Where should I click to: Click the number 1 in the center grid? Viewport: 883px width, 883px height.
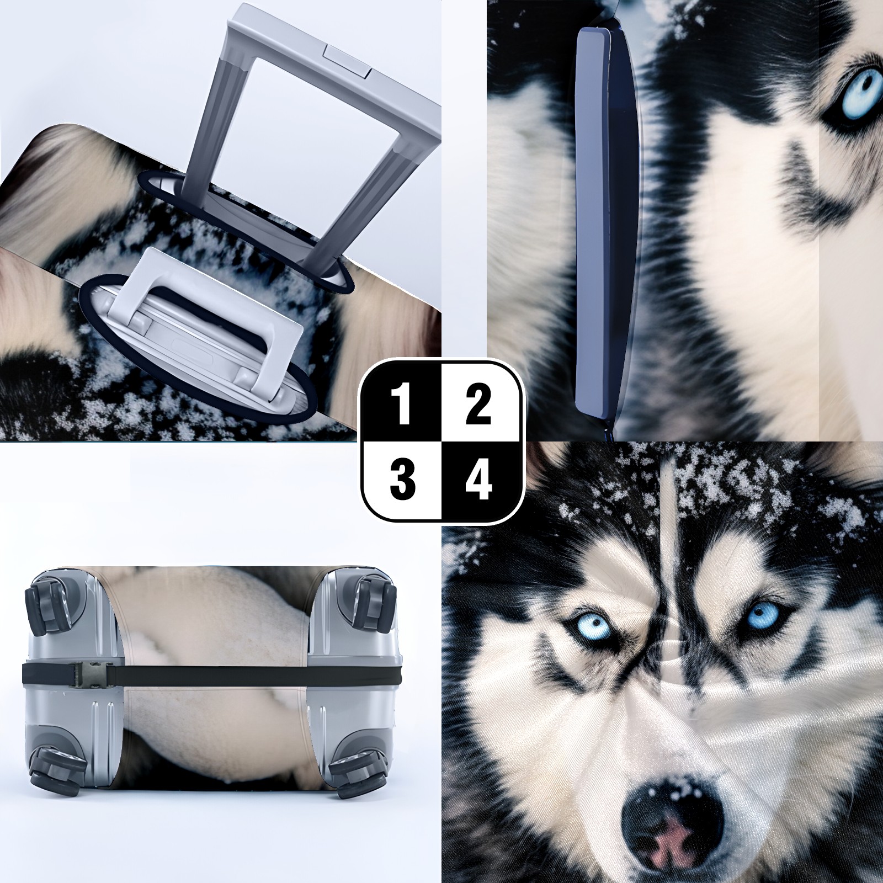coord(403,406)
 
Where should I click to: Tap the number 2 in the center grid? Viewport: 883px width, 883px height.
coord(478,406)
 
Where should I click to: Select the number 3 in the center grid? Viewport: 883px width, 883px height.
coord(403,478)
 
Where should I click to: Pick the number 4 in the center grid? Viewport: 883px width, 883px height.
coord(478,478)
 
